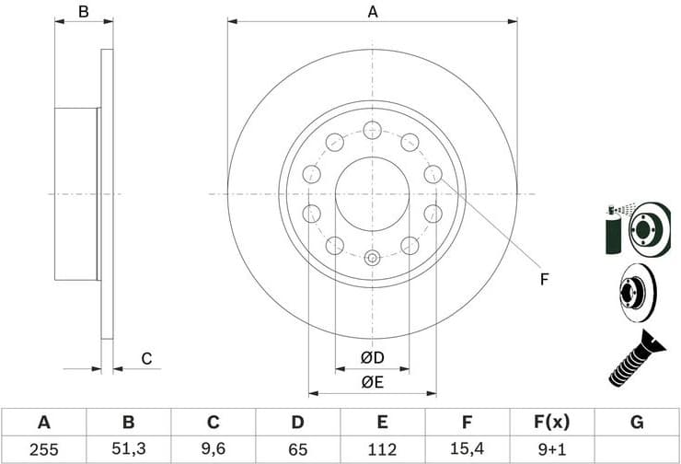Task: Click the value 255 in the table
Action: [x=43, y=450]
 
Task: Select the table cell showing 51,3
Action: [x=128, y=450]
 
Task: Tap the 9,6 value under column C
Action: [x=213, y=450]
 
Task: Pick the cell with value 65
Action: [x=297, y=450]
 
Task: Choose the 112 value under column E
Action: [x=382, y=450]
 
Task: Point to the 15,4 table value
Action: [x=467, y=450]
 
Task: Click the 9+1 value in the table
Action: [x=551, y=450]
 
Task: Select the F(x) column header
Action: [x=551, y=423]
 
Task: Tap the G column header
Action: [x=637, y=423]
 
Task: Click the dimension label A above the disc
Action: [x=373, y=12]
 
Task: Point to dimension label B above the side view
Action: [x=83, y=12]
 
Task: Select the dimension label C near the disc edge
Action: [x=145, y=358]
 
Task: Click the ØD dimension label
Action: [x=372, y=357]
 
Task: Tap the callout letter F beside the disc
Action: [x=544, y=279]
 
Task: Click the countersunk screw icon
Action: [x=638, y=358]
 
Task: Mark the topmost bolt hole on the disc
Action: [x=372, y=129]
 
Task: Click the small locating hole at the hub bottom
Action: [x=372, y=258]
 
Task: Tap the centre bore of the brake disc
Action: [x=372, y=193]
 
